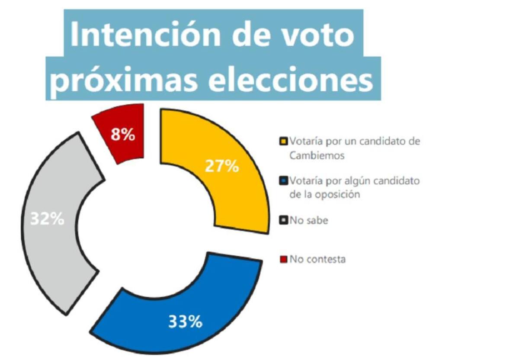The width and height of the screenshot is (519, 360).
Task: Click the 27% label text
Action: click(221, 167)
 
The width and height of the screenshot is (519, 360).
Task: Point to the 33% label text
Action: click(185, 321)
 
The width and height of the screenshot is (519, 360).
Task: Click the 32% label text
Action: click(47, 219)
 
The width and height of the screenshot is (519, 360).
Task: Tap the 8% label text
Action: click(123, 135)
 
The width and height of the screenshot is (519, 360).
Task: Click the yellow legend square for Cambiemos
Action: click(284, 141)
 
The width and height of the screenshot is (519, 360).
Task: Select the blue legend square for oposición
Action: click(284, 180)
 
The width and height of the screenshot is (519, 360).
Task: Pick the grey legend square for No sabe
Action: click(284, 221)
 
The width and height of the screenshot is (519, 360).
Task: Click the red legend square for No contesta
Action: click(284, 260)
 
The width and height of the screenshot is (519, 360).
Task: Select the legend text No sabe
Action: click(309, 221)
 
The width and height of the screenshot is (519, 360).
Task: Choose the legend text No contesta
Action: click(317, 260)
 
